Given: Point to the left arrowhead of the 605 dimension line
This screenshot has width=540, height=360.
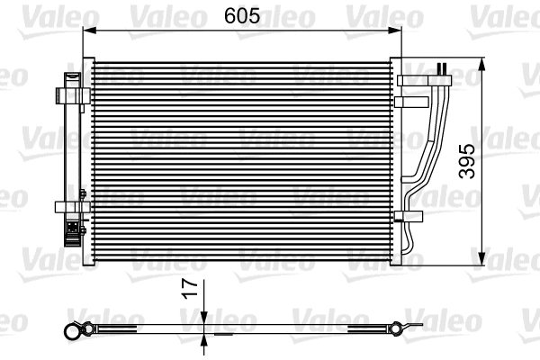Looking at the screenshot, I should (x=88, y=31).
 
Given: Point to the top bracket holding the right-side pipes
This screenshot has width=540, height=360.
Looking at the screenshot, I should (x=409, y=80).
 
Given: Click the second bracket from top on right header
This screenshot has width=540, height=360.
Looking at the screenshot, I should (x=409, y=102).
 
